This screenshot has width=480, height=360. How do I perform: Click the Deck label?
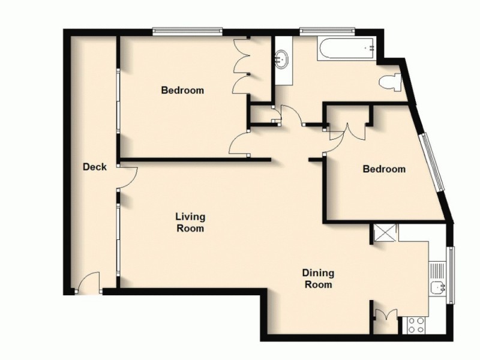pos(95,167)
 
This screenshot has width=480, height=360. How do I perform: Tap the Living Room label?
pos(190,222)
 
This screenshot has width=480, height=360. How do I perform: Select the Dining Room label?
pos(318,278)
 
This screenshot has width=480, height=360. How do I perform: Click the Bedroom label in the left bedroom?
pos(182,91)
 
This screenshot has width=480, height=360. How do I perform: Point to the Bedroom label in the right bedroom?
pos(384,169)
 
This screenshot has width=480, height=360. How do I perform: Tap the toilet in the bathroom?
pos(391,83)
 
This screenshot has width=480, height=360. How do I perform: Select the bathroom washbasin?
pos(281,59)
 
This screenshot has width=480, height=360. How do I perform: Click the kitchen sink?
pos(439,287)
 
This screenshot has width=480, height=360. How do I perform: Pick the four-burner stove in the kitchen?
pos(416,325)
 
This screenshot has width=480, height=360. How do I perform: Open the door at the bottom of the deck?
pos(89,283)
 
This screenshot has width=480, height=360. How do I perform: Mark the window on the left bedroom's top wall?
pos(187,31)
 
